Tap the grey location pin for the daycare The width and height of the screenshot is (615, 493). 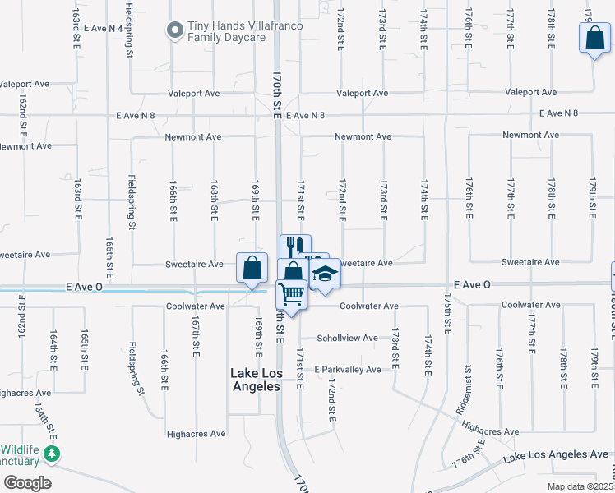[174, 31]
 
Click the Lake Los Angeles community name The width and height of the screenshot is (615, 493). [255, 380]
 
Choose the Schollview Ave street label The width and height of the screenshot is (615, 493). [348, 338]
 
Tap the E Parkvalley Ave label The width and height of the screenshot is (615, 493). [347, 370]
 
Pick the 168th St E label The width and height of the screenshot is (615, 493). [214, 200]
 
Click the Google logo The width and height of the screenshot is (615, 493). [27, 483]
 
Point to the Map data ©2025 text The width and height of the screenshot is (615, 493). [580, 486]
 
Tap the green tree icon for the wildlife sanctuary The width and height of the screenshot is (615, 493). [52, 454]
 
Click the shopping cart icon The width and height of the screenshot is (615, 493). [292, 293]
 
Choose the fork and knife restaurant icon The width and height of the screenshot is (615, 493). [295, 246]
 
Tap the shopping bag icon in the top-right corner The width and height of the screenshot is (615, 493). [594, 38]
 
